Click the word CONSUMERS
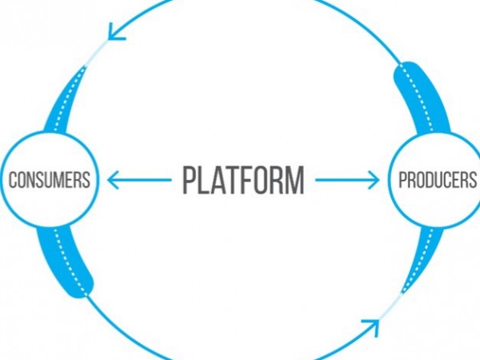(48, 180)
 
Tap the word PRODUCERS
(436, 180)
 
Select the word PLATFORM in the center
(242, 180)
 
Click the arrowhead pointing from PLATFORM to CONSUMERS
(112, 180)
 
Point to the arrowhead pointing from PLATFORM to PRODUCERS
(374, 180)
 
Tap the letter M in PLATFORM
(295, 180)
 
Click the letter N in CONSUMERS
(30, 180)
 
